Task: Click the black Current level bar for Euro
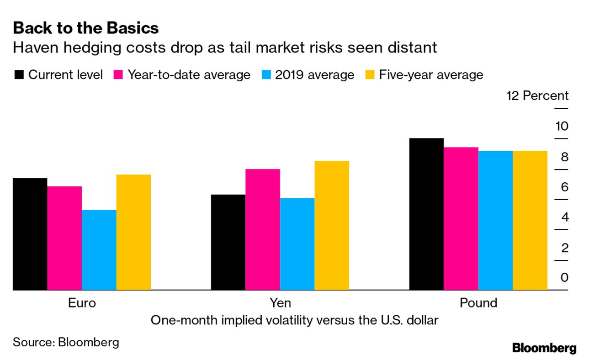pyautogui.click(x=30, y=234)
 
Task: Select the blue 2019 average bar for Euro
pyautogui.click(x=99, y=250)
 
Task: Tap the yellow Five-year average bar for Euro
pyautogui.click(x=133, y=232)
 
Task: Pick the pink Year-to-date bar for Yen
pyautogui.click(x=262, y=229)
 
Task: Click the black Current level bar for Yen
pyautogui.click(x=228, y=242)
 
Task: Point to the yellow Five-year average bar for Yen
pyautogui.click(x=332, y=225)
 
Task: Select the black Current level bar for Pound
pyautogui.click(x=426, y=214)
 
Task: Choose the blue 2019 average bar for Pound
pyautogui.click(x=495, y=220)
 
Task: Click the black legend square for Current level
pyautogui.click(x=19, y=75)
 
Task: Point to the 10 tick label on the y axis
pyautogui.click(x=562, y=126)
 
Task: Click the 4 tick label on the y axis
pyautogui.click(x=565, y=217)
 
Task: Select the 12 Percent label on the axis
pyautogui.click(x=537, y=96)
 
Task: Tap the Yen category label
pyautogui.click(x=280, y=303)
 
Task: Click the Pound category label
pyautogui.click(x=478, y=303)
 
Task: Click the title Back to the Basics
pyautogui.click(x=86, y=28)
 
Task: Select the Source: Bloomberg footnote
pyautogui.click(x=66, y=342)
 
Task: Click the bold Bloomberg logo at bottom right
pyautogui.click(x=544, y=348)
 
